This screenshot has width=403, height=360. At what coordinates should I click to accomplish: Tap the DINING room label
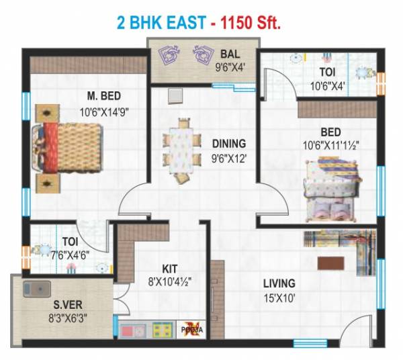click(228, 143)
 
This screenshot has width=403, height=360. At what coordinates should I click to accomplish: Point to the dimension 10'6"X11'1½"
click(330, 144)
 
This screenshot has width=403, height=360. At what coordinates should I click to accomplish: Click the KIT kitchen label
click(169, 268)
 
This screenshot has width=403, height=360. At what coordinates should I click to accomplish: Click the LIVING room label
click(279, 283)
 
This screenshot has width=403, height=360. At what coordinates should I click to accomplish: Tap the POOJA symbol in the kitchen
click(189, 329)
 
